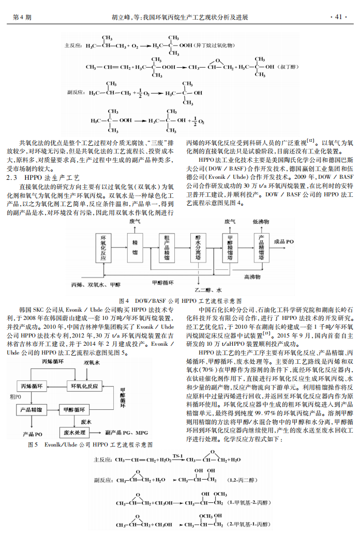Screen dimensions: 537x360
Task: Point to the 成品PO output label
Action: pos(284,241)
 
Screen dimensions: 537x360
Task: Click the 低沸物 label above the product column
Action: pos(261,221)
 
